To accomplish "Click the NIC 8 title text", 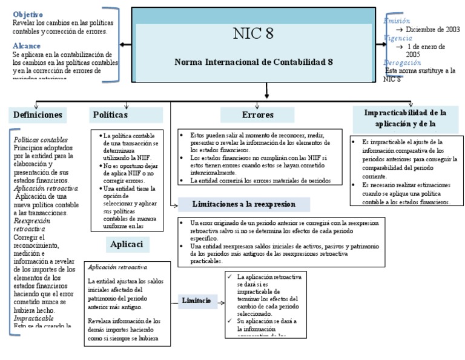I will [x=253, y=34].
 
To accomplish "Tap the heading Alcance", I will [x=27, y=45].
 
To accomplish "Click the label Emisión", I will [x=397, y=21].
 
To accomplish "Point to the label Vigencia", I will [x=398, y=38].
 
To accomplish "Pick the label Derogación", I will [x=402, y=62].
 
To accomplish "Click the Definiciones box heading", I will [x=38, y=114].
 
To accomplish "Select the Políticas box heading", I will [x=111, y=114].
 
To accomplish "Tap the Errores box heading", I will [x=257, y=115].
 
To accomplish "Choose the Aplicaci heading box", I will [x=127, y=244].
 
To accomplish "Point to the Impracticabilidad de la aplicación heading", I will [x=406, y=118].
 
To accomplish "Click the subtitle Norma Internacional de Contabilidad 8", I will [x=254, y=62].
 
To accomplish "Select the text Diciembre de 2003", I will [x=433, y=29].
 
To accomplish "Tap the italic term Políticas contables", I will [x=41, y=139].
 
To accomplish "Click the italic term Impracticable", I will [x=34, y=318].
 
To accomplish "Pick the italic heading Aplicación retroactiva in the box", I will [x=117, y=267].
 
